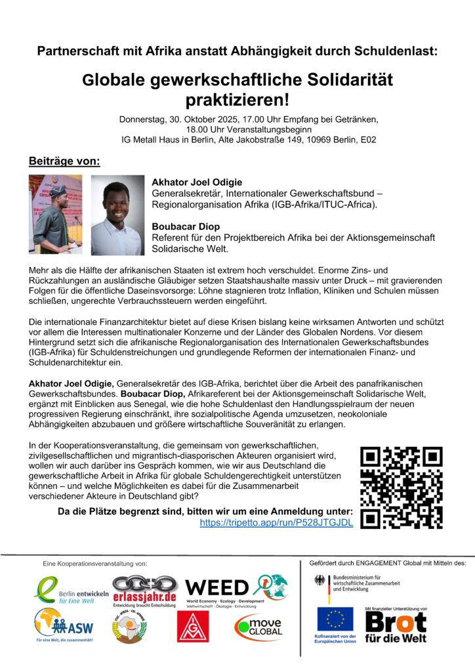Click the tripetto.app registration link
point(276,522)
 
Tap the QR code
point(402,487)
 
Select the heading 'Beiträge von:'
point(64,161)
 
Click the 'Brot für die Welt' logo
point(395,627)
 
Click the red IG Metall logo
point(190,628)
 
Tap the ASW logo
point(64,623)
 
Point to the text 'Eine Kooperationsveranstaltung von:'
point(94,564)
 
